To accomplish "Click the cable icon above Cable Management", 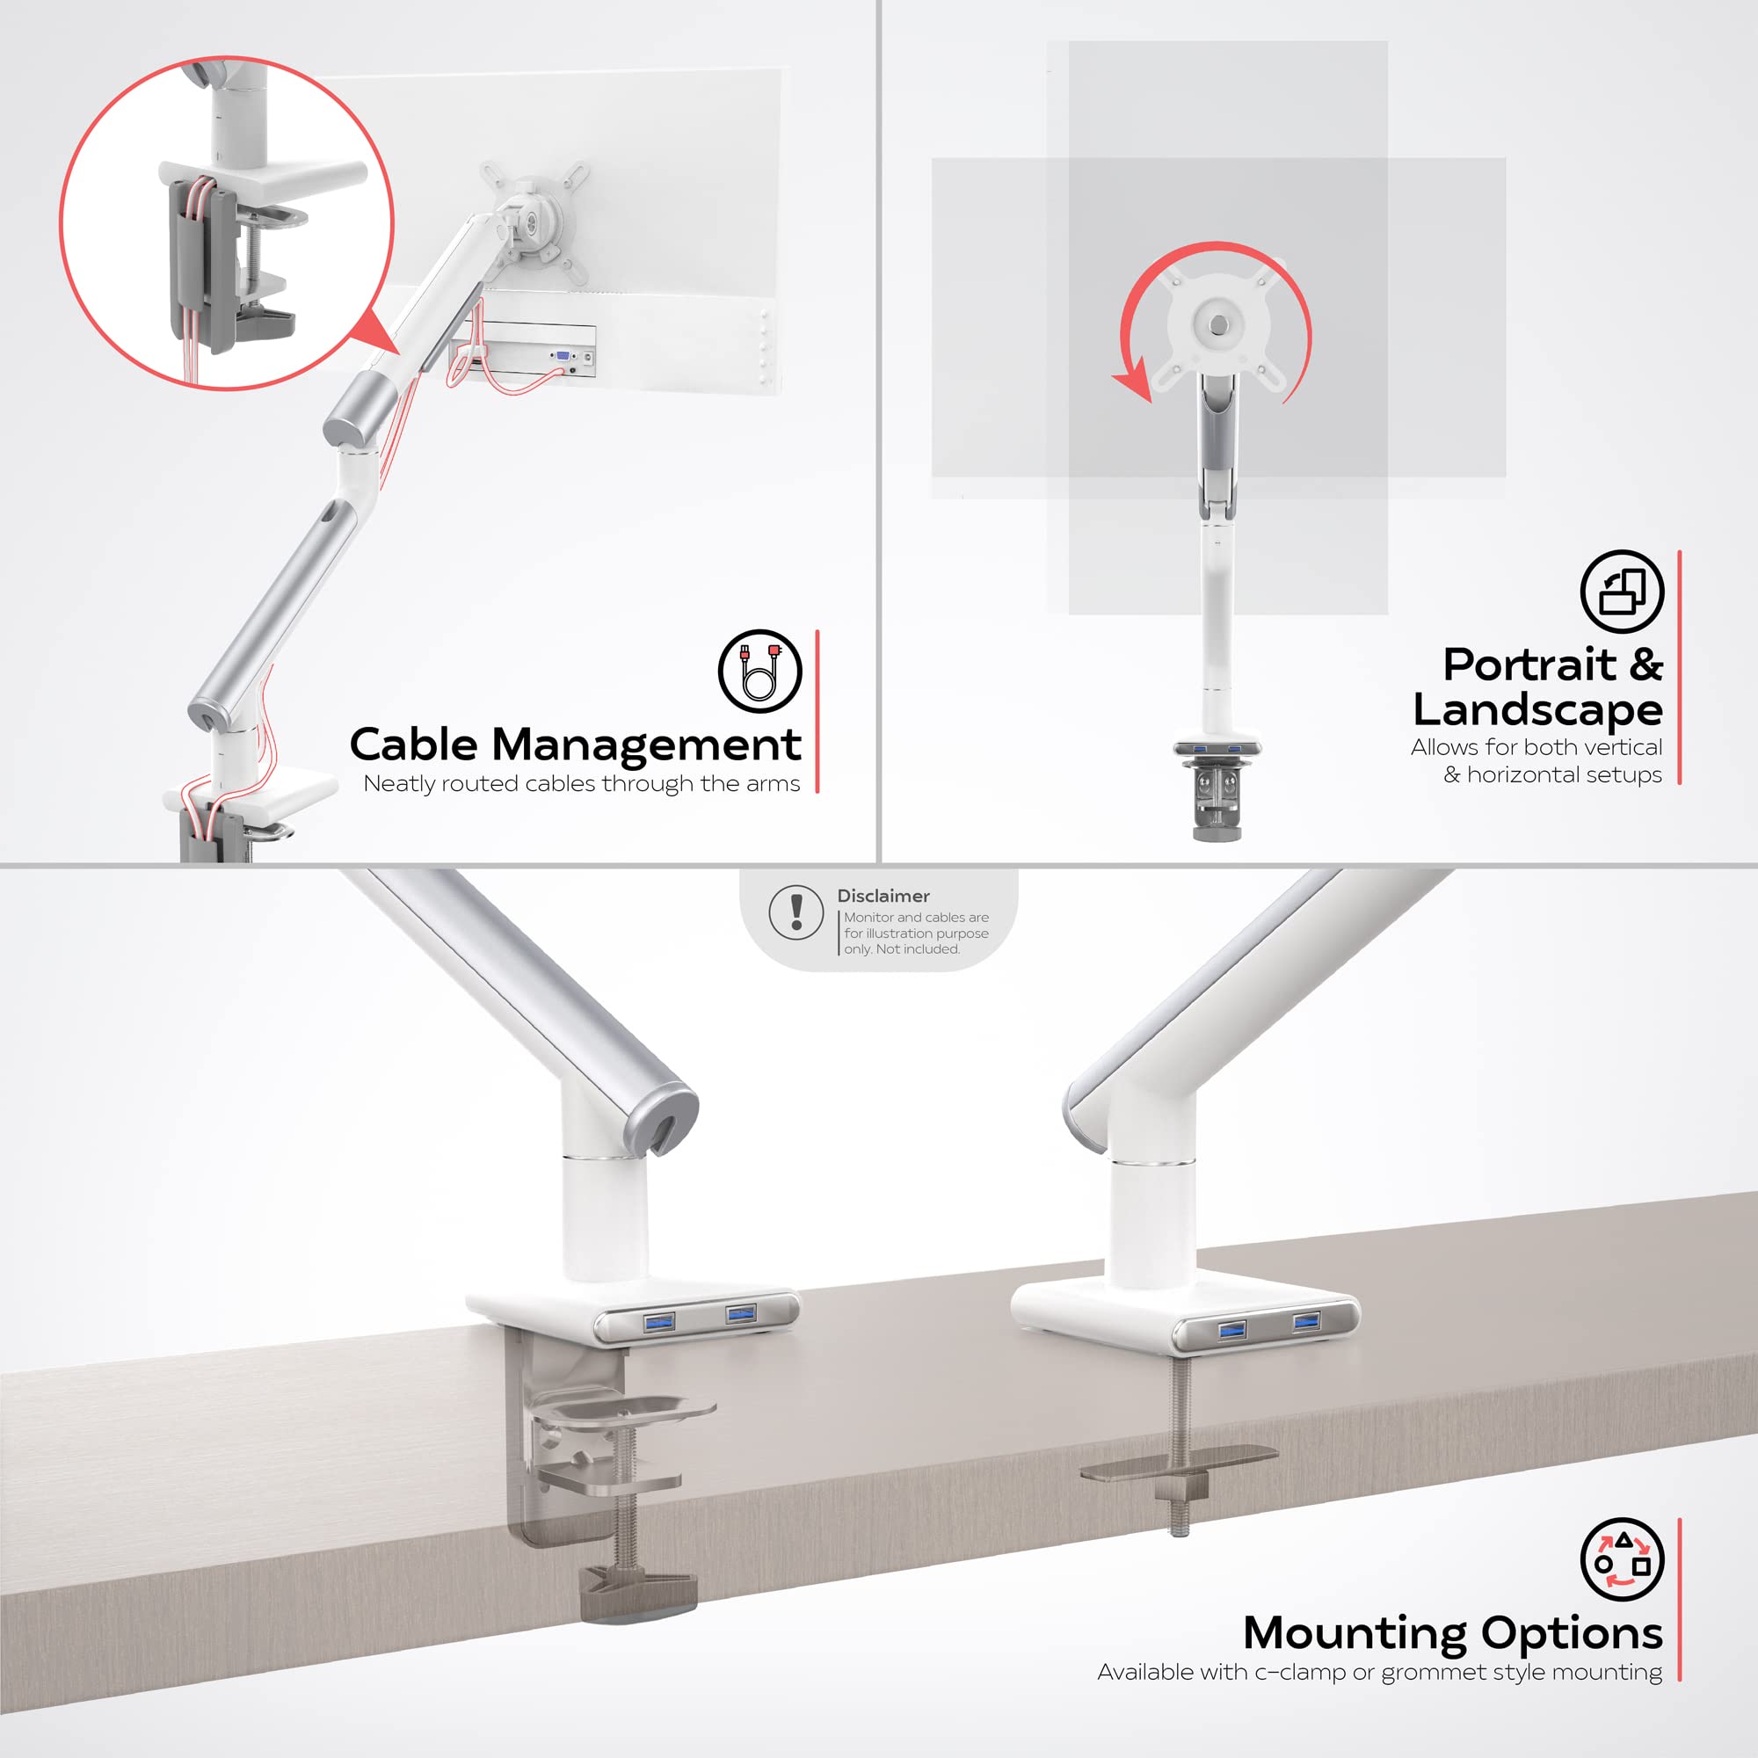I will (x=759, y=672).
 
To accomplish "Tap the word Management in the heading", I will (x=646, y=745).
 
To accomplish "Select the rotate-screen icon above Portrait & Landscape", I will (x=1622, y=592).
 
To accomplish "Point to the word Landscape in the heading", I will (x=1537, y=709).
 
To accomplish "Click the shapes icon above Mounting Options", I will (x=1622, y=1558).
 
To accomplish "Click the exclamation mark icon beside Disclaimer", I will (x=796, y=912).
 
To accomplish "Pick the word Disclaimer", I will (x=883, y=897).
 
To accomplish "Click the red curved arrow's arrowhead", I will (x=1134, y=381).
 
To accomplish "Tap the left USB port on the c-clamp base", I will (x=658, y=1321).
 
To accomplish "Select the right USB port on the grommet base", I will (x=1306, y=1319).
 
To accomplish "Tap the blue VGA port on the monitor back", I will (x=563, y=356).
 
